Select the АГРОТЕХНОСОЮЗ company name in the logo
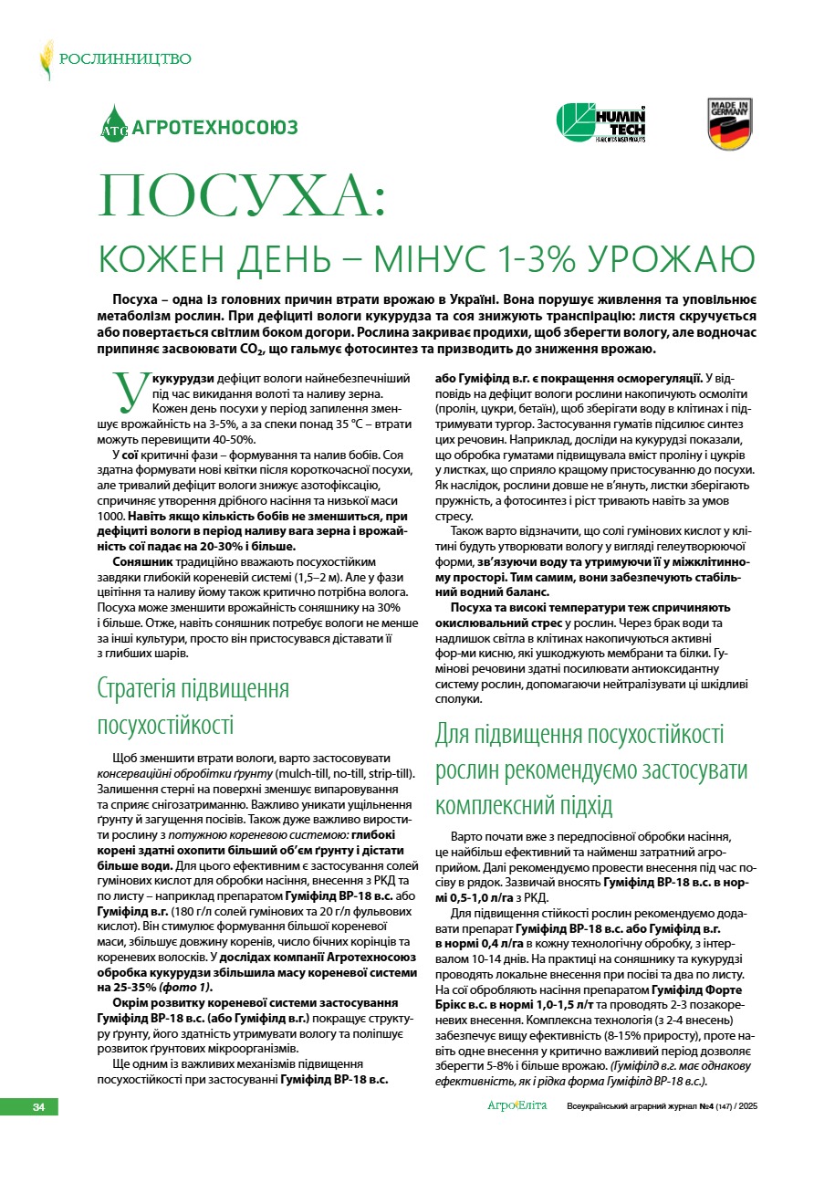[x=215, y=128]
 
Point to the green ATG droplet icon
[x=114, y=124]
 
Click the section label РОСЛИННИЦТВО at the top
[x=125, y=59]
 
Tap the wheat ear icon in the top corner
[x=46, y=59]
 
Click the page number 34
[x=39, y=1107]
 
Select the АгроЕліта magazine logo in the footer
[x=517, y=1106]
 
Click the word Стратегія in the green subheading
[x=143, y=689]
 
